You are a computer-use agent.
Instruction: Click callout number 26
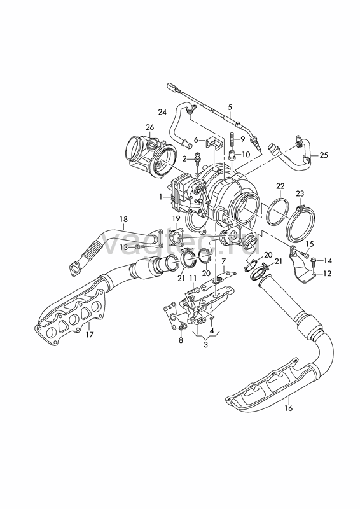pos(149,127)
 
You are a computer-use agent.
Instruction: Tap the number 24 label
pos(162,112)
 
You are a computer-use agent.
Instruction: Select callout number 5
pos(230,106)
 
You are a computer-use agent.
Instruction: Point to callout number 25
pos(324,155)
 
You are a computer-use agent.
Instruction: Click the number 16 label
pos(288,408)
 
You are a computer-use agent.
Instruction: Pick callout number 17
pos(89,335)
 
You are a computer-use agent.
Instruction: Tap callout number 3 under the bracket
pos(205,345)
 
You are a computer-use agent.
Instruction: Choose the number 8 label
pos(181,340)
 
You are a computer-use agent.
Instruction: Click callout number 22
pos(280,186)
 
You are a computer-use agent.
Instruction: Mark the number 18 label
pos(123,219)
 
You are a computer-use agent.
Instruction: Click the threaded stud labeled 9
pos(232,139)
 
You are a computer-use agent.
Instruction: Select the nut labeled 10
pos(232,154)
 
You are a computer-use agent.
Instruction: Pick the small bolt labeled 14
pos(314,260)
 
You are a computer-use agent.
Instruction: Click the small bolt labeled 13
pos(139,248)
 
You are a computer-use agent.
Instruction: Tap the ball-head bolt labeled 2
pos(197,160)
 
